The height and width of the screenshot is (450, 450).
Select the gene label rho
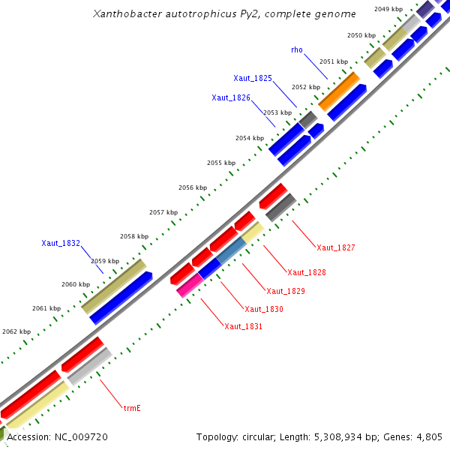click(297, 49)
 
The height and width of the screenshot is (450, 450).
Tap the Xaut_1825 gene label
click(253, 78)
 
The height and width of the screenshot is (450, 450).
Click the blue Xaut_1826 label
click(231, 97)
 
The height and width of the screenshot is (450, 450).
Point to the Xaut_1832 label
click(61, 243)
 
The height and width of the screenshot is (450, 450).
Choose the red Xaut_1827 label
click(336, 247)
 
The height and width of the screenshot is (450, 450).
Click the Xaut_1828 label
click(307, 271)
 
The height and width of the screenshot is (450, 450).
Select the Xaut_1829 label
click(286, 290)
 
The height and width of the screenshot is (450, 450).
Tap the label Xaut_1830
click(264, 308)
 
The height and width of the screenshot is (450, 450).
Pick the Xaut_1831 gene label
click(244, 326)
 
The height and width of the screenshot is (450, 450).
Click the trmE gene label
click(133, 409)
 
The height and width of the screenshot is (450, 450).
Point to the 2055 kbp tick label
click(221, 163)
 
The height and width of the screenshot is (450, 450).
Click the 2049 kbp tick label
click(388, 9)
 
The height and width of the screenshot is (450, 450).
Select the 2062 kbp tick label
click(16, 331)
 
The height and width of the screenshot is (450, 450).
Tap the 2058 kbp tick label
click(133, 236)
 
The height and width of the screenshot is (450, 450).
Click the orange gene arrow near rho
click(339, 91)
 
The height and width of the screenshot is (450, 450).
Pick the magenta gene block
click(189, 285)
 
